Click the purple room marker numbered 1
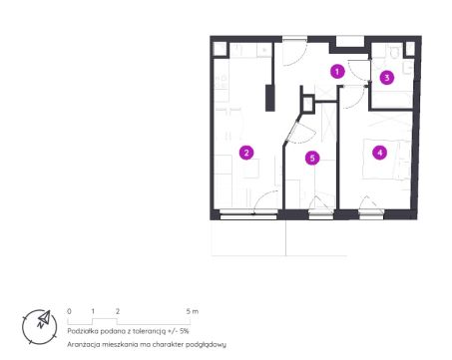click(337, 72)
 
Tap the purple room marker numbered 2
click(246, 153)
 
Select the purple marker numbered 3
click(387, 78)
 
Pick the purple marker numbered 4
click(380, 153)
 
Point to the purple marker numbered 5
click(312, 158)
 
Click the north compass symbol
click(40, 327)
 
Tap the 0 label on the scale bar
click(69, 311)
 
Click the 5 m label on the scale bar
click(193, 311)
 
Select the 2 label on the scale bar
click(118, 311)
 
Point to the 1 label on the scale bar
click(93, 311)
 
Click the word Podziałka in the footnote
click(82, 331)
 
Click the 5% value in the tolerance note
click(184, 331)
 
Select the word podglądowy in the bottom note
click(206, 345)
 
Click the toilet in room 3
click(394, 52)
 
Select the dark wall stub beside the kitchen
click(269, 98)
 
